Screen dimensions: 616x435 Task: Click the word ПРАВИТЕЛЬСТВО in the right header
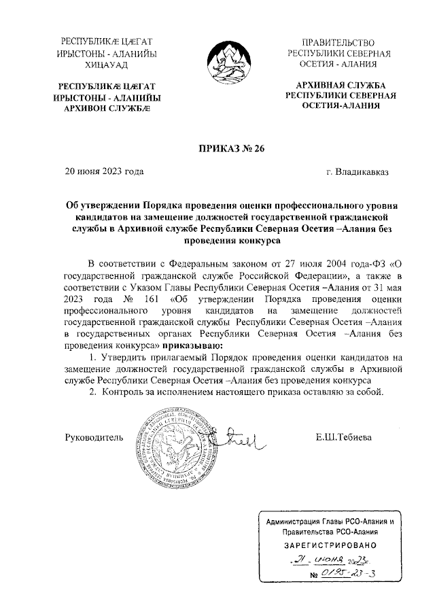338,43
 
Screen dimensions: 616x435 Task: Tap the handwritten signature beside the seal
238,440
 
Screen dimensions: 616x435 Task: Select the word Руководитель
94,437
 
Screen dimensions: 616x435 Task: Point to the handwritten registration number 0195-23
345,575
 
